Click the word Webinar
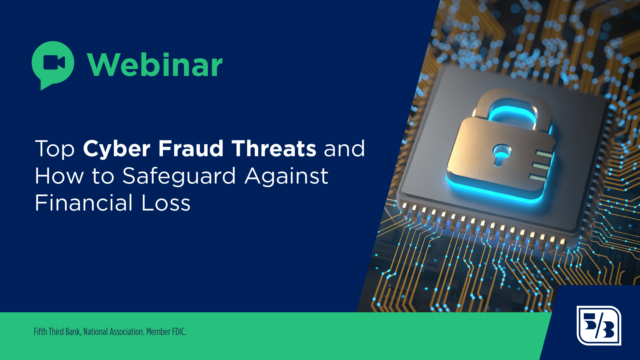pos(155,65)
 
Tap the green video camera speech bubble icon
pos(53,63)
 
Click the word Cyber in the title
pos(117,149)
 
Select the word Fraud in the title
pos(191,149)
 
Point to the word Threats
pos(274,149)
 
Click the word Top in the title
pos(55,149)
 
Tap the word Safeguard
pos(179,176)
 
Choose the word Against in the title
pos(287,176)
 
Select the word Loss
pos(166,203)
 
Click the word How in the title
pos(59,176)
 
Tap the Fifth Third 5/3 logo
pos(599,325)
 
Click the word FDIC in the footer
pos(179,332)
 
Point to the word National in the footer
pos(96,332)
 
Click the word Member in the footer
pos(158,332)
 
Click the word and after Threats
pos(344,149)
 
